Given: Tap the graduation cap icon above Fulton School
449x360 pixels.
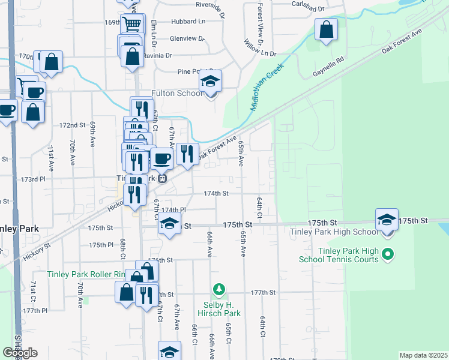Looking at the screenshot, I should [210, 81].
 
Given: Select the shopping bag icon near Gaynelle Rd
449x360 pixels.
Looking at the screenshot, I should [326, 30].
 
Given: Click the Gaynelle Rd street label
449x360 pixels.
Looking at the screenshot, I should [328, 67].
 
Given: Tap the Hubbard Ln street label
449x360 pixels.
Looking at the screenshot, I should [188, 22].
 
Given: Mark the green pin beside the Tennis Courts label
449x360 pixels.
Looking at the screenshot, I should [388, 255].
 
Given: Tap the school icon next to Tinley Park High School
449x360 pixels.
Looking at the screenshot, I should [387, 220].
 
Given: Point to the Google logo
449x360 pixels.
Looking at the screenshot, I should [20, 353].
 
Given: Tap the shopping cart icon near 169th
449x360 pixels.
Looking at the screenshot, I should [133, 25].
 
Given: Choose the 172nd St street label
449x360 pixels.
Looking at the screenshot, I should [72, 125].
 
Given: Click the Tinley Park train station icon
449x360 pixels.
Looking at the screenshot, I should [161, 179].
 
